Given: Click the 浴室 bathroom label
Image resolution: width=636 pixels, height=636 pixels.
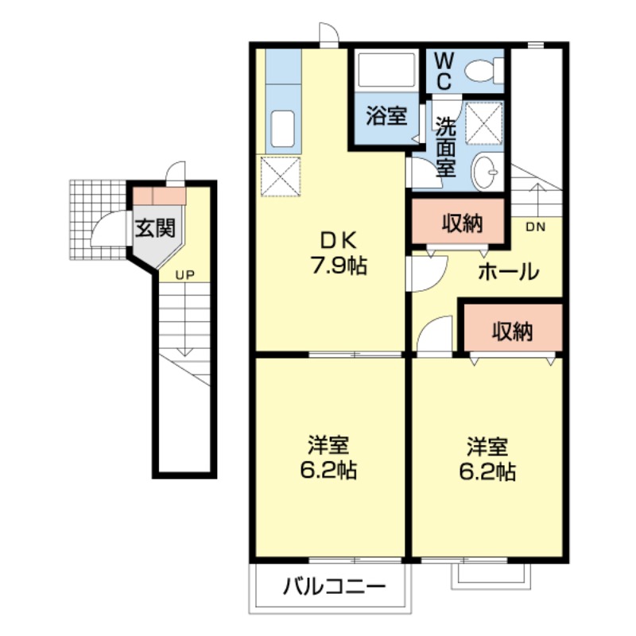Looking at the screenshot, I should coord(386,117).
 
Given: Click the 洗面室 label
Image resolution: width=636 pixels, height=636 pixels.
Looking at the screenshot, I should coord(444,146).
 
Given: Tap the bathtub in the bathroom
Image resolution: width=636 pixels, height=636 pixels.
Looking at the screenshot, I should coord(387,72).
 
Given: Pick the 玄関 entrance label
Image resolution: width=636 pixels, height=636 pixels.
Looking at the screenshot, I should coord(153,230).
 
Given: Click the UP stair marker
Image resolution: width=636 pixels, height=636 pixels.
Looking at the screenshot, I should coord(184,276).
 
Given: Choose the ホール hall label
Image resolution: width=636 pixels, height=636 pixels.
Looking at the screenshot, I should coord(509,272).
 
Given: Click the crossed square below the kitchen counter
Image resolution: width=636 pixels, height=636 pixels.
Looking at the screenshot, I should coord(280,176).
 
